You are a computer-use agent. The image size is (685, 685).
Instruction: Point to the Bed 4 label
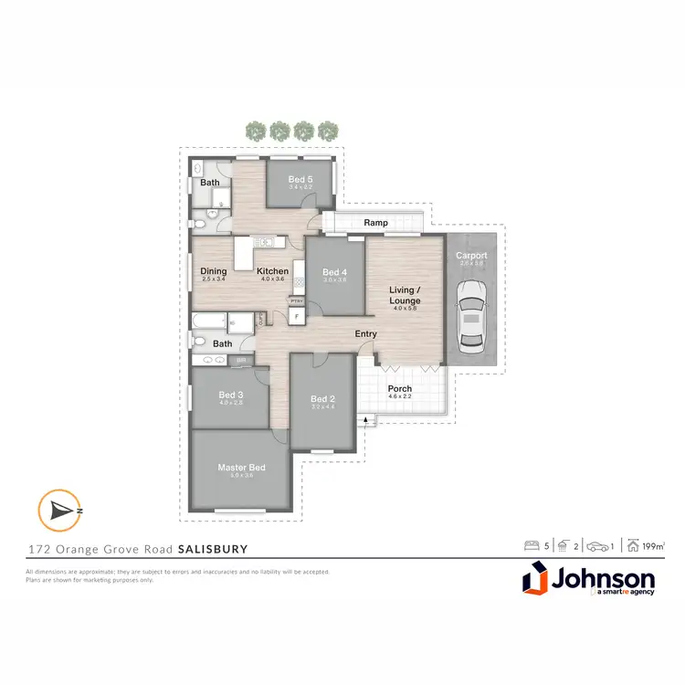click(334, 272)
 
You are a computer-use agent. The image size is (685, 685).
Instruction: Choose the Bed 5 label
click(300, 179)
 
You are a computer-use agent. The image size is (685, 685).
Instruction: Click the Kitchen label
click(272, 271)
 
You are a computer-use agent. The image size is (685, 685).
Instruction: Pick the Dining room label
click(214, 271)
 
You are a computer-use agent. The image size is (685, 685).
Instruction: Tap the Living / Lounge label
click(405, 295)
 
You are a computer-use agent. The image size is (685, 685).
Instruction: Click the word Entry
click(365, 334)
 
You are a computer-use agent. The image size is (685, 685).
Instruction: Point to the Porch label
click(400, 388)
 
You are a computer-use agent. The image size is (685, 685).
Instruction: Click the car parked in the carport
click(471, 315)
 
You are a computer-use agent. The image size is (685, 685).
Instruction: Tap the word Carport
click(471, 256)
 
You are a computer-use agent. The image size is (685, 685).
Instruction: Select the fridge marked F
click(295, 316)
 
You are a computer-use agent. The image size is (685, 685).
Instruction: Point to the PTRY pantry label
click(296, 300)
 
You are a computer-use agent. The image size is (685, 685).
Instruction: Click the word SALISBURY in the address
click(213, 550)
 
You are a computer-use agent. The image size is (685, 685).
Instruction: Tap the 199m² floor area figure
click(653, 546)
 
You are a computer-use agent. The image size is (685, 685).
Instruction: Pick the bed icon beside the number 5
click(531, 546)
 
